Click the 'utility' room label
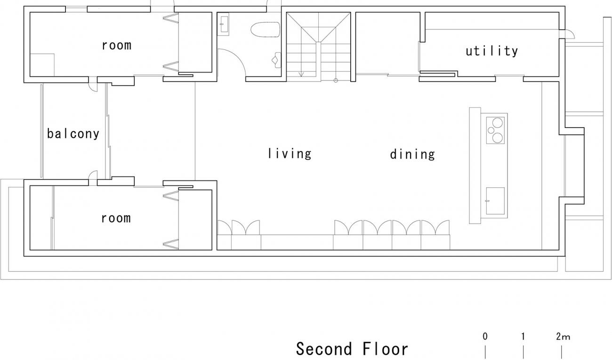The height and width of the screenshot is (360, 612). coord(491,51)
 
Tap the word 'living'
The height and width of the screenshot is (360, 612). coord(290,153)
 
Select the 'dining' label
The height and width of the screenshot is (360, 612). coord(412,154)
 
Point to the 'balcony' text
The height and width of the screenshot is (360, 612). coord(73,134)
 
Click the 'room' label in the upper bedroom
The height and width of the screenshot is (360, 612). coord(116,45)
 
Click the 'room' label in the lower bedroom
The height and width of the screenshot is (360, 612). coord(116,218)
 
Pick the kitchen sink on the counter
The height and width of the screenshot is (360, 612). coord(495,200)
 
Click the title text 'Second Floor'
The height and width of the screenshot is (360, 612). coord(352,349)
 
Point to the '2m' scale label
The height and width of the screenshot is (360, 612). coord(562,336)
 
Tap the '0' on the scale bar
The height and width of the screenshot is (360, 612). coord(485,336)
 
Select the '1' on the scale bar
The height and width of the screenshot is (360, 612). coord(523,336)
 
